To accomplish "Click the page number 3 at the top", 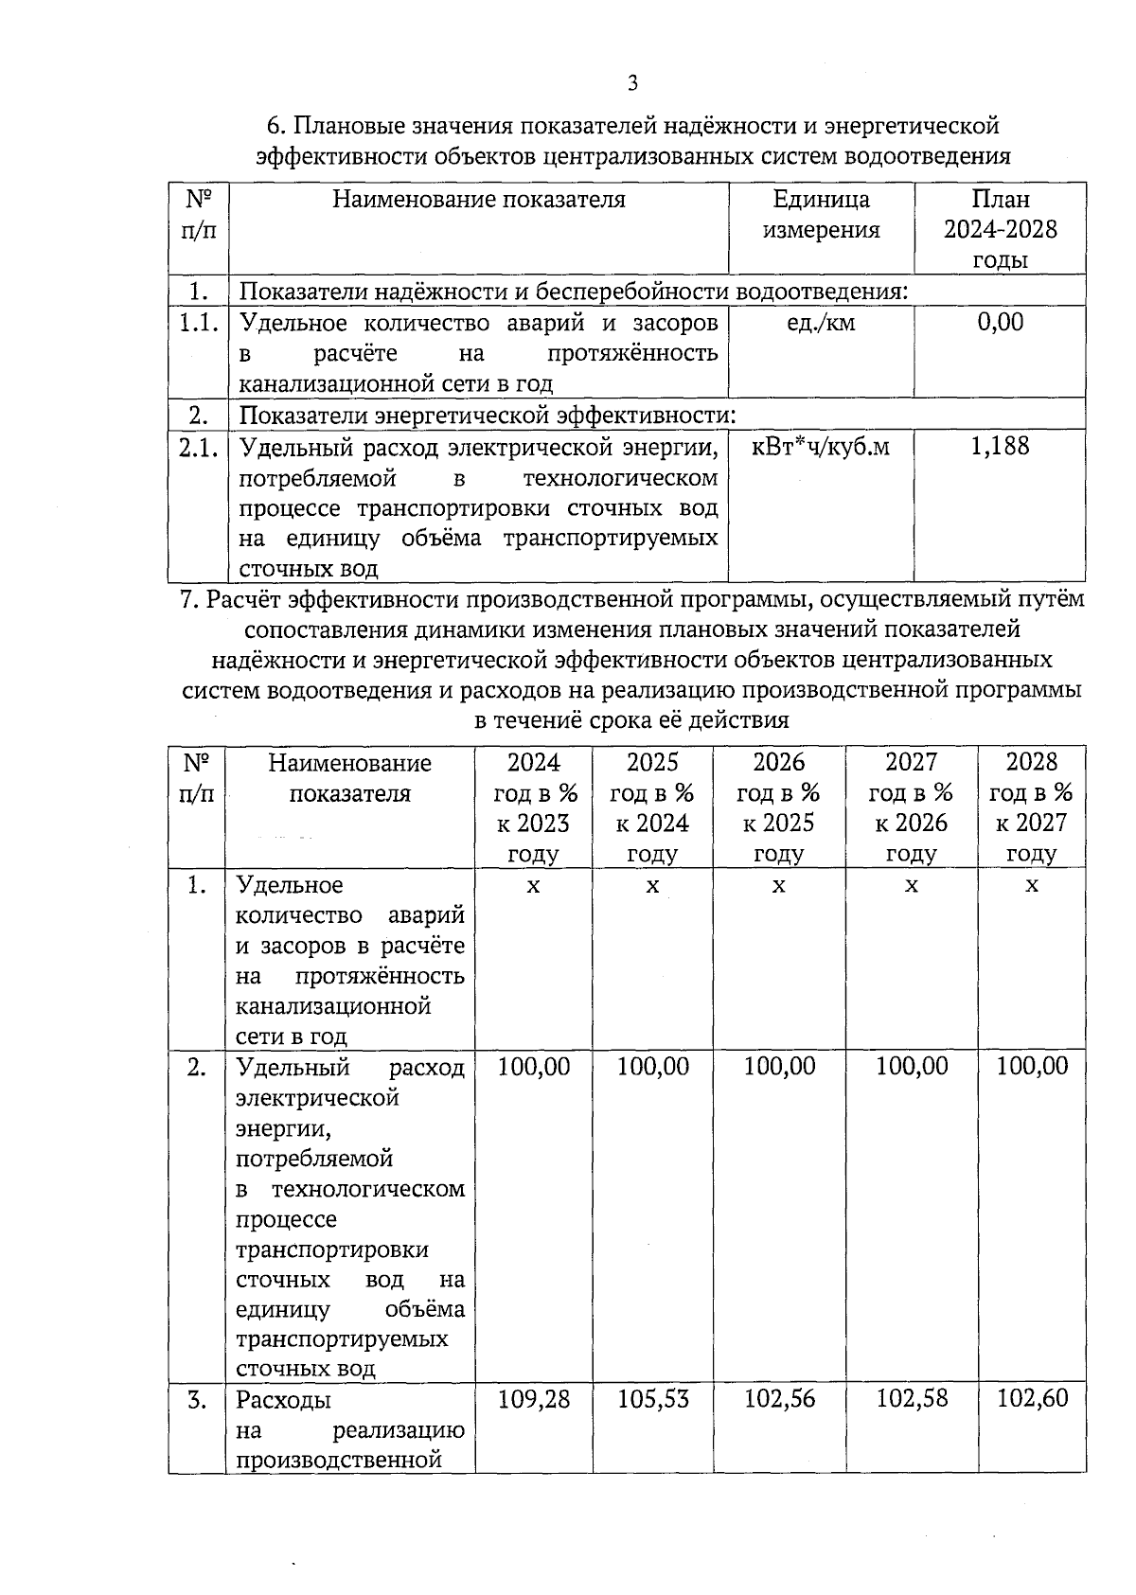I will click(632, 83).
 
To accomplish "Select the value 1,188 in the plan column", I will click(1000, 447).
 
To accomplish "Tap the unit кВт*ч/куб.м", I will click(820, 447).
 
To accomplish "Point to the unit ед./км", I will click(820, 323).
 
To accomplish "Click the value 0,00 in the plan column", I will click(1000, 323).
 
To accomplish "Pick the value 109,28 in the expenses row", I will click(534, 1399).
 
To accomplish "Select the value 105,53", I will click(653, 1399).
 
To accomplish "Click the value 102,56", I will click(779, 1399).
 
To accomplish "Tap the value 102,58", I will click(912, 1399).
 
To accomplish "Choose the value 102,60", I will click(1032, 1399).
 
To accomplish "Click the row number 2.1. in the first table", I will click(199, 448).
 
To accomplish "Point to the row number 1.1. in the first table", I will click(199, 324).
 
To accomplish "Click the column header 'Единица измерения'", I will click(821, 215).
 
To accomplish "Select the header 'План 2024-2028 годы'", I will click(1000, 229).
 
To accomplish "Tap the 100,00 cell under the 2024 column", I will click(534, 1067).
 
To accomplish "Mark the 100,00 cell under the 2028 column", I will click(1032, 1067).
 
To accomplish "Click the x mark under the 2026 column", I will click(778, 886).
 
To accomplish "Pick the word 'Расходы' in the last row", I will click(283, 1400).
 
